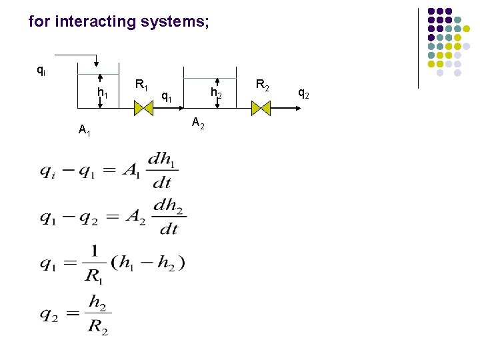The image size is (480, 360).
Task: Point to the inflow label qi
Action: coord(41,69)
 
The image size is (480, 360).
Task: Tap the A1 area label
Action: coord(85,130)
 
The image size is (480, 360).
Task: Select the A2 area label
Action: coord(198,122)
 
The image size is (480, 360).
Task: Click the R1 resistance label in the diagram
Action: coord(141,85)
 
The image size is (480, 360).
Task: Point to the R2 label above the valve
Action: coord(262,85)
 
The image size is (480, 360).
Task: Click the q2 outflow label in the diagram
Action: coord(303,93)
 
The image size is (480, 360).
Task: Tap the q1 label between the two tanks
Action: coord(167,98)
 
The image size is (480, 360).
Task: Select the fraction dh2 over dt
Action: coord(170,217)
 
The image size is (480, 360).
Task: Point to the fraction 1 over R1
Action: coord(94,262)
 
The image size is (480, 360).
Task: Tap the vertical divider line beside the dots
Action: coord(418,47)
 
